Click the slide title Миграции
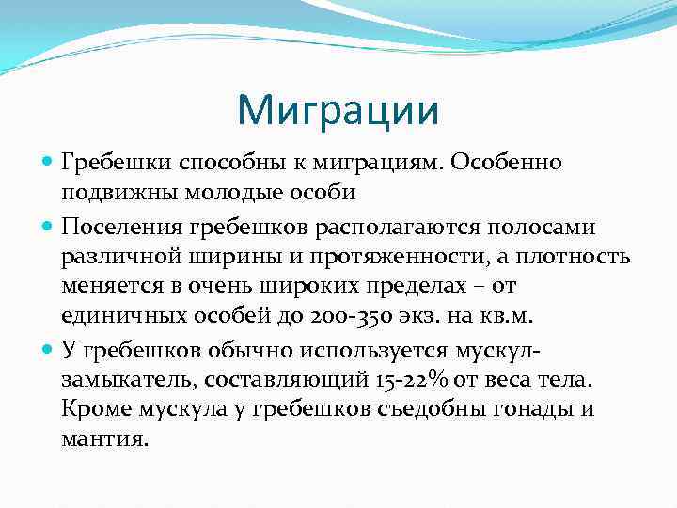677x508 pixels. coord(338,109)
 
